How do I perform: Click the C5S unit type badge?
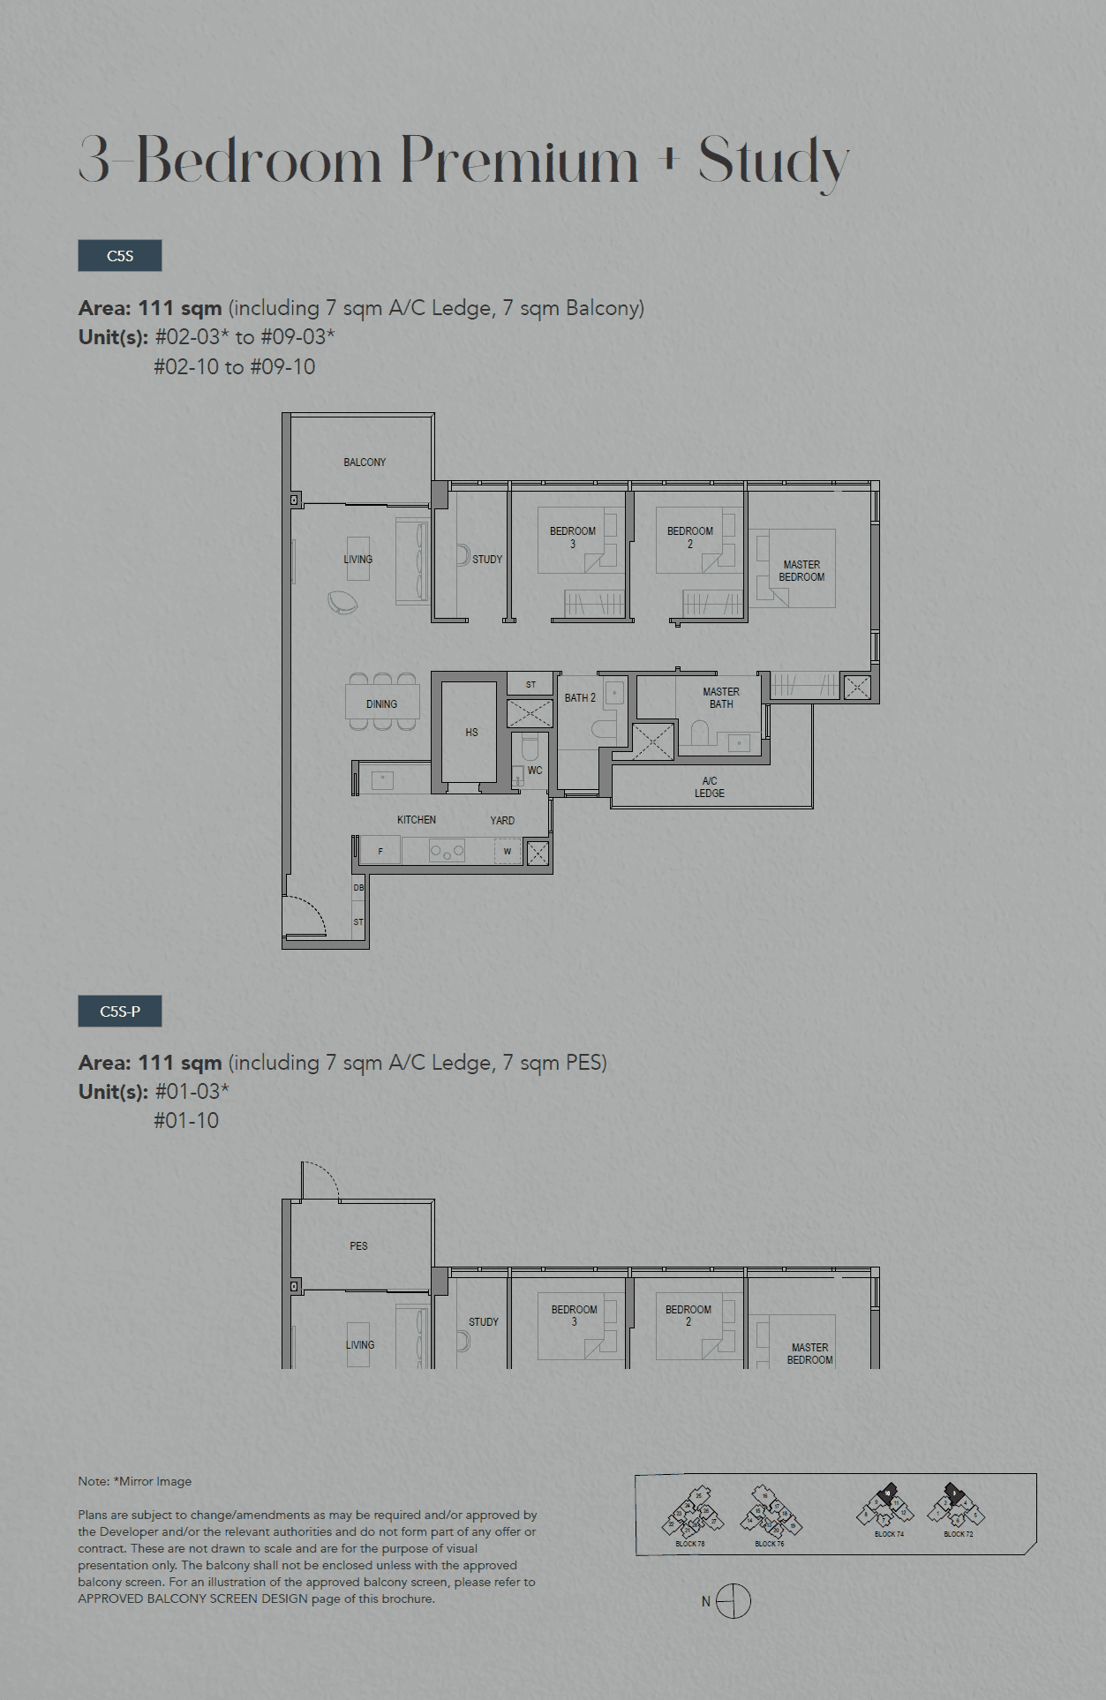pyautogui.click(x=120, y=256)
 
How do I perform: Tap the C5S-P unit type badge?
pyautogui.click(x=120, y=1012)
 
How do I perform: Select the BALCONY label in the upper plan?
pyautogui.click(x=365, y=463)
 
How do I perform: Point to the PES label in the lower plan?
pyautogui.click(x=358, y=1246)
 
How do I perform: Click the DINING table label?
pyautogui.click(x=381, y=704)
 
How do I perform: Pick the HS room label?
pyautogui.click(x=471, y=733)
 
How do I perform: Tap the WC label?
pyautogui.click(x=535, y=771)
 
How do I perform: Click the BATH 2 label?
pyautogui.click(x=580, y=698)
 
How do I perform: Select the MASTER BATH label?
pyautogui.click(x=721, y=698)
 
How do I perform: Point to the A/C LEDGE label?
pyautogui.click(x=710, y=787)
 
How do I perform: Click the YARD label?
pyautogui.click(x=502, y=821)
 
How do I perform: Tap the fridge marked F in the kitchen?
pyautogui.click(x=380, y=852)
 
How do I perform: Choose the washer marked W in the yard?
pyautogui.click(x=508, y=852)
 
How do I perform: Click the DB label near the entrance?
pyautogui.click(x=358, y=888)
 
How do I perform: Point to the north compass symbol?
pyautogui.click(x=733, y=1601)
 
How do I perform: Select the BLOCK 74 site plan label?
pyautogui.click(x=889, y=1534)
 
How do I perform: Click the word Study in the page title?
pyautogui.click(x=773, y=162)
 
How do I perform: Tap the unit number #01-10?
pyautogui.click(x=186, y=1121)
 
